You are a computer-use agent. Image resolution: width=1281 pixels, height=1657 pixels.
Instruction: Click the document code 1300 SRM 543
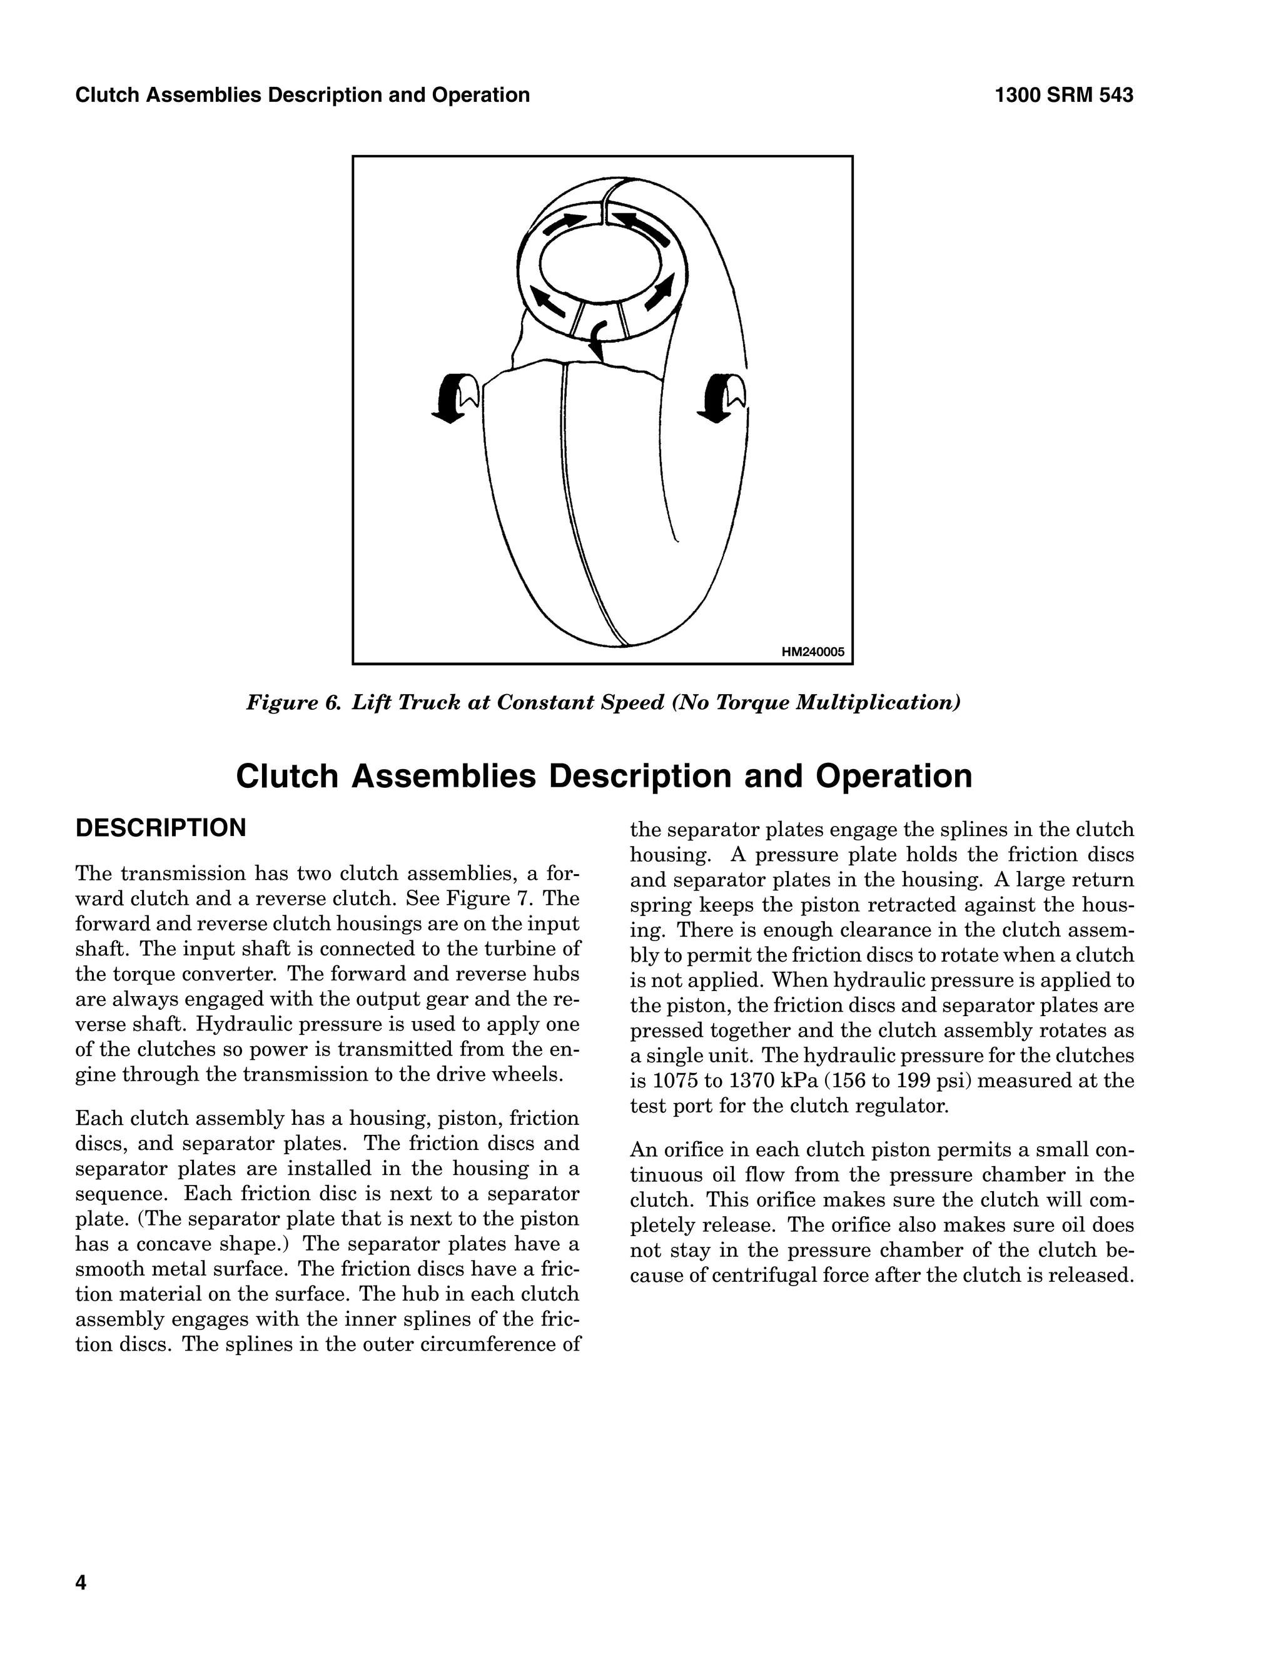click(1063, 96)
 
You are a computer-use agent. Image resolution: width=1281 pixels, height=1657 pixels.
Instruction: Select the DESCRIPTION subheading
click(160, 828)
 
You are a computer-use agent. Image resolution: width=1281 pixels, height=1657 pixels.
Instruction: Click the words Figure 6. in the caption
click(295, 703)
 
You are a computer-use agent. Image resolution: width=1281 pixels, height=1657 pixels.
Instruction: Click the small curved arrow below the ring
click(599, 339)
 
